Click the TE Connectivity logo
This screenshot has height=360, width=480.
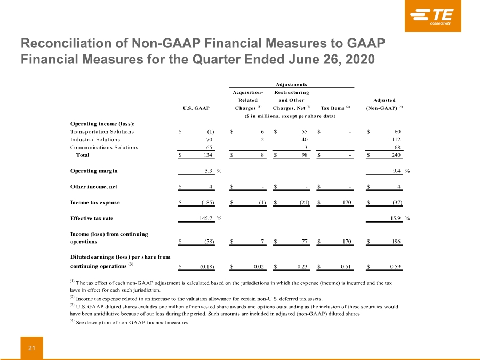[433, 16]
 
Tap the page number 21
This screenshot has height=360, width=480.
[32, 348]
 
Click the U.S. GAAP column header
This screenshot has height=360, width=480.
[196, 108]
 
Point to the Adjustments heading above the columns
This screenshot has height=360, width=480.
[291, 84]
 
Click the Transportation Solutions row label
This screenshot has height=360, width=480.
[102, 132]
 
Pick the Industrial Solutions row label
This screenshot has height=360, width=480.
[95, 140]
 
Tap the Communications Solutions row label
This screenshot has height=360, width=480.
[104, 147]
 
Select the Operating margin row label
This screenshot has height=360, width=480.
[94, 171]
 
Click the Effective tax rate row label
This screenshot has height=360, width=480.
[92, 218]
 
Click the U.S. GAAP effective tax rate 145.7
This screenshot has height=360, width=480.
[206, 218]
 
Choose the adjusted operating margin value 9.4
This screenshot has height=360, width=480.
[397, 171]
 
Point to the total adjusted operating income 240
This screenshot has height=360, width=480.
[396, 155]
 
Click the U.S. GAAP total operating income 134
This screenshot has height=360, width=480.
[208, 155]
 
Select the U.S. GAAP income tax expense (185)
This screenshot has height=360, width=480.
[208, 202]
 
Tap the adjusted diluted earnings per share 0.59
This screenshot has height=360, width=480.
[395, 266]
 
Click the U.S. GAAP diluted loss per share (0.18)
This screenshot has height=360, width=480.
[207, 266]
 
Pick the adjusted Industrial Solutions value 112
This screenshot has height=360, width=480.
[396, 140]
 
